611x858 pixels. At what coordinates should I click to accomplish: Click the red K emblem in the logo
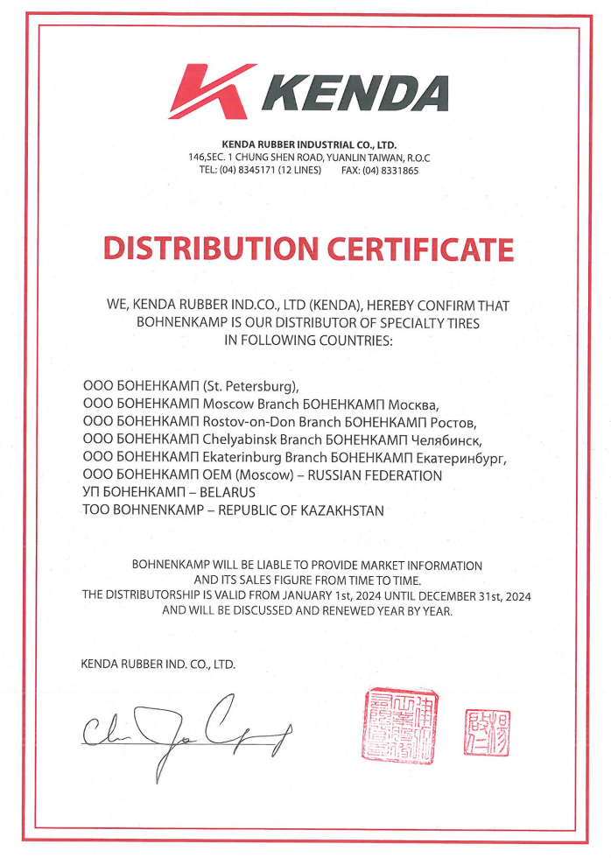[211, 91]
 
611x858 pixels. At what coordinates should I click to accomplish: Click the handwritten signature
[188, 732]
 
